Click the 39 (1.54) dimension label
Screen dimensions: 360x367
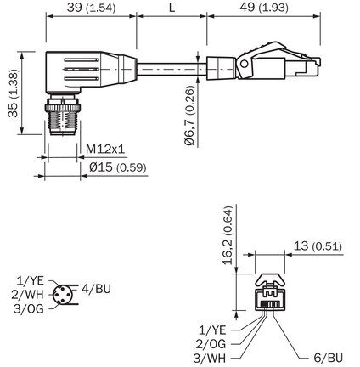pyautogui.click(x=91, y=8)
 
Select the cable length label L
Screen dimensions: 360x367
pyautogui.click(x=172, y=8)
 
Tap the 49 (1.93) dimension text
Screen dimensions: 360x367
pyautogui.click(x=264, y=8)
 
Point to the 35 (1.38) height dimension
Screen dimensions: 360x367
pyautogui.click(x=13, y=93)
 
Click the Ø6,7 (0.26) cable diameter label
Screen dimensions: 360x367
pyautogui.click(x=189, y=116)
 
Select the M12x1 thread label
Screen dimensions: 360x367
pyautogui.click(x=105, y=149)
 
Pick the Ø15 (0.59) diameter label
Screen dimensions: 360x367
pyautogui.click(x=118, y=167)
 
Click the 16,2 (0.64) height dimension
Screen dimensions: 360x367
pyautogui.click(x=228, y=235)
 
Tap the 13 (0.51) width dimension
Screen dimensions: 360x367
pyautogui.click(x=318, y=246)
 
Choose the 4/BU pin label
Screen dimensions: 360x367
pyautogui.click(x=96, y=289)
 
